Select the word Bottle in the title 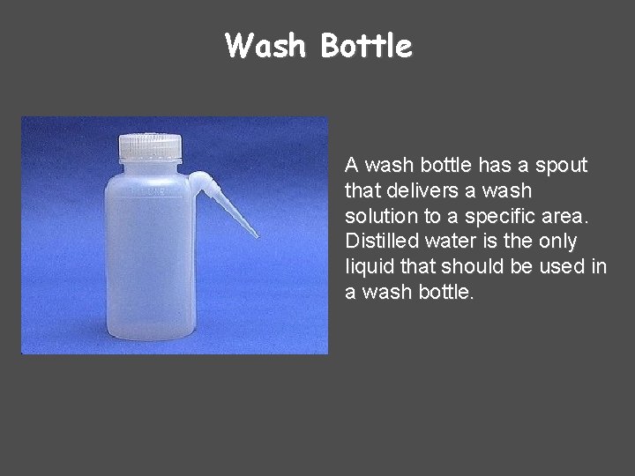point(366,45)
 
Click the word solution point(378,216)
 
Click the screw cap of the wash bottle point(149,146)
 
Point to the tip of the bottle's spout point(256,235)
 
